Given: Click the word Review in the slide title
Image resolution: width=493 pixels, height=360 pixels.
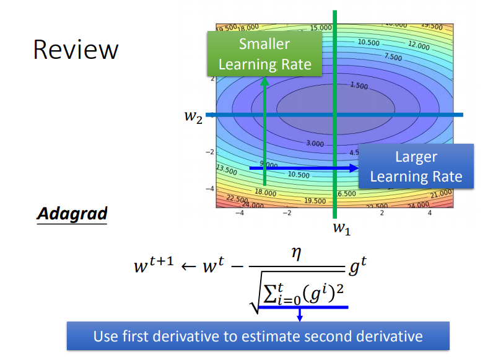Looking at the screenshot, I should [75, 50].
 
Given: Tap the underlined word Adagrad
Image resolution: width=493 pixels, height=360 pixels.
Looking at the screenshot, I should [72, 214].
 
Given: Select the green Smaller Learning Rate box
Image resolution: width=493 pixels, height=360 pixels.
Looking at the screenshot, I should [264, 54].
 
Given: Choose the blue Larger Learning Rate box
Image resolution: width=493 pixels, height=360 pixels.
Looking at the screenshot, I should [416, 167].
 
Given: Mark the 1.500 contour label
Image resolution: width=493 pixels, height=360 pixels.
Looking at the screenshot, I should [359, 85].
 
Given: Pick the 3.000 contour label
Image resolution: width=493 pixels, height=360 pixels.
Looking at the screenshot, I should [315, 144].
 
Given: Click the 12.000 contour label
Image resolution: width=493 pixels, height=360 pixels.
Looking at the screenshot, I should [419, 46].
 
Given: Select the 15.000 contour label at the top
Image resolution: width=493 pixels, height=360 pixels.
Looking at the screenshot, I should [321, 28].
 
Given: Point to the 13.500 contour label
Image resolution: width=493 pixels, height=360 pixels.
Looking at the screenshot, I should [226, 169].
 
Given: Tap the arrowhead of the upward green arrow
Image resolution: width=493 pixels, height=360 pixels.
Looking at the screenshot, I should [264, 81].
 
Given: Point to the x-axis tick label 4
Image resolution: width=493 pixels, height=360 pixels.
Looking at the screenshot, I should [430, 213].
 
